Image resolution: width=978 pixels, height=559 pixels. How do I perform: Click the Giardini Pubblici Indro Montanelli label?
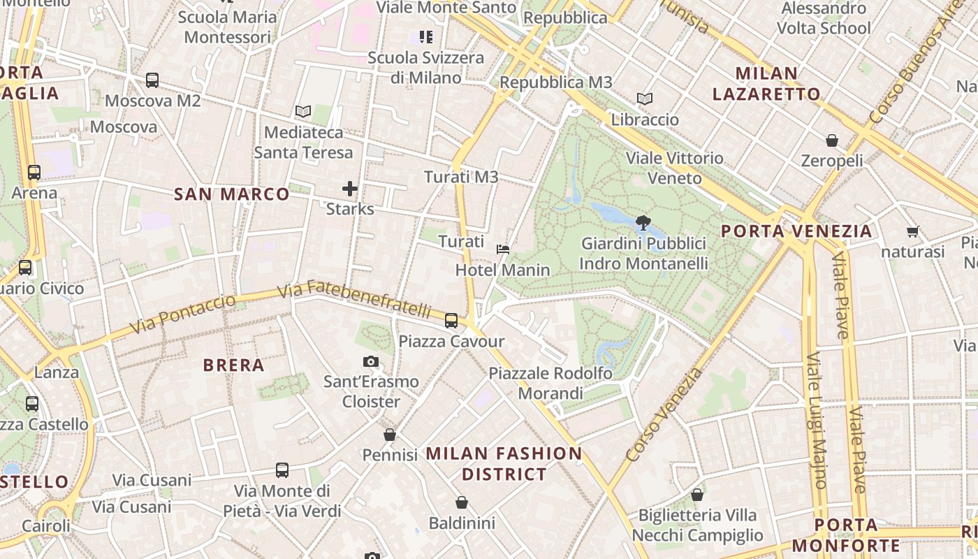(643, 254)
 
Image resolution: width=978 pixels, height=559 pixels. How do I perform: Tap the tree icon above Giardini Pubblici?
(643, 223)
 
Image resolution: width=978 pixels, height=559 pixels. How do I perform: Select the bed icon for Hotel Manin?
(502, 249)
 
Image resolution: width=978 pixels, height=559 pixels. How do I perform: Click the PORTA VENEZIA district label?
(796, 231)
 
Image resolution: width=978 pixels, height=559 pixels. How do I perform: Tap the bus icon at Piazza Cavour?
(451, 321)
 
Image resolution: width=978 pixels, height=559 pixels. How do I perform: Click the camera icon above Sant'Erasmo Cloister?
(371, 361)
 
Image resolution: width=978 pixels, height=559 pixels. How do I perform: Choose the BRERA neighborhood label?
(233, 365)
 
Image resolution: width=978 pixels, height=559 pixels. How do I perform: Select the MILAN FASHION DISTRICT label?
(504, 463)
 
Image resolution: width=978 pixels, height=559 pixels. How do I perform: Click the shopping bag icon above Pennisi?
(390, 435)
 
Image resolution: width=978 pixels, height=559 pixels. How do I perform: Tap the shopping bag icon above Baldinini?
(461, 502)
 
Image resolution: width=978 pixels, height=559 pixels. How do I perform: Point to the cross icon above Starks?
(350, 188)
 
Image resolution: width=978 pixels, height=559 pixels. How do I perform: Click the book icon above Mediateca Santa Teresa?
(302, 111)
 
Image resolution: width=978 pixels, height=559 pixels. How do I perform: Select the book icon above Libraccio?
(644, 99)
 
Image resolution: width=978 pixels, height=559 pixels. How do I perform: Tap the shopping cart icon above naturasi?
(912, 231)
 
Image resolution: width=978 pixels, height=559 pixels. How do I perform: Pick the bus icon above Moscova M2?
(152, 80)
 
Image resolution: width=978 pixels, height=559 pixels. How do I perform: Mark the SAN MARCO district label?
(231, 194)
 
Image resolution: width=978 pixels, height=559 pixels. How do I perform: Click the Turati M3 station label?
(461, 177)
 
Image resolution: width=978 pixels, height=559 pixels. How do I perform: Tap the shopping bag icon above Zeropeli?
(832, 140)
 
